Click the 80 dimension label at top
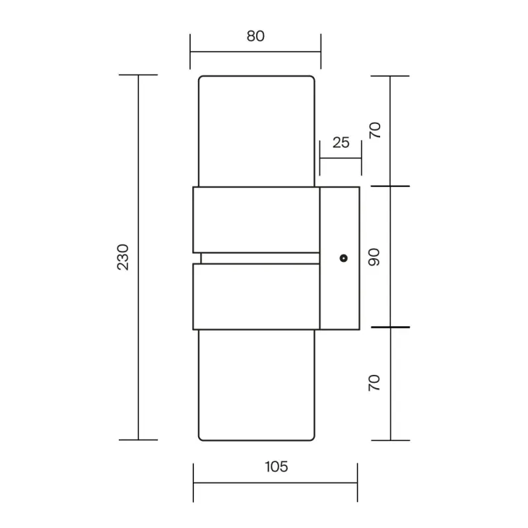point(255,36)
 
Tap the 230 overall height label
point(123,257)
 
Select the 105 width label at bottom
point(276,467)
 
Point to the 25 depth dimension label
point(341,143)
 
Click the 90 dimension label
point(374,257)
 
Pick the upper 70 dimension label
point(374,130)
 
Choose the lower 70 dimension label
point(374,383)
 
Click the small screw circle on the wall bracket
point(343,258)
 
